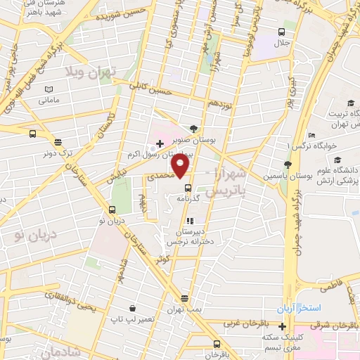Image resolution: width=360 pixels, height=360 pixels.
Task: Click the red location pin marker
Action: [x=181, y=167]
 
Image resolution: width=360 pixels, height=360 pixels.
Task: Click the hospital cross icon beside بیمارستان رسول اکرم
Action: [x=160, y=143]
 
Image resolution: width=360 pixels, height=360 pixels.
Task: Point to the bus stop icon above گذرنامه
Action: [x=188, y=188]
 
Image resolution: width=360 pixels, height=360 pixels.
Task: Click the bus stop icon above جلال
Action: [x=282, y=32]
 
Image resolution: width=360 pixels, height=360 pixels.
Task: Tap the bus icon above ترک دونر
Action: [x=33, y=134]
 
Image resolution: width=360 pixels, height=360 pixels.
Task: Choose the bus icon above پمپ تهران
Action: [x=184, y=298]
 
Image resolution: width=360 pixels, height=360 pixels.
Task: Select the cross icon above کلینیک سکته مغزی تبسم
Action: [x=282, y=327]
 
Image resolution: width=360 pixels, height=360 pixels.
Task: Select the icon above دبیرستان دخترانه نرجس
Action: [x=189, y=221]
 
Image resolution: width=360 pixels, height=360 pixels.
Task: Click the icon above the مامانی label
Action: [x=49, y=89]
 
